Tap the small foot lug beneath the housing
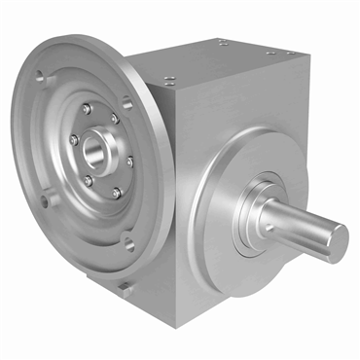[125, 288]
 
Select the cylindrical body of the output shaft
[302, 224]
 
